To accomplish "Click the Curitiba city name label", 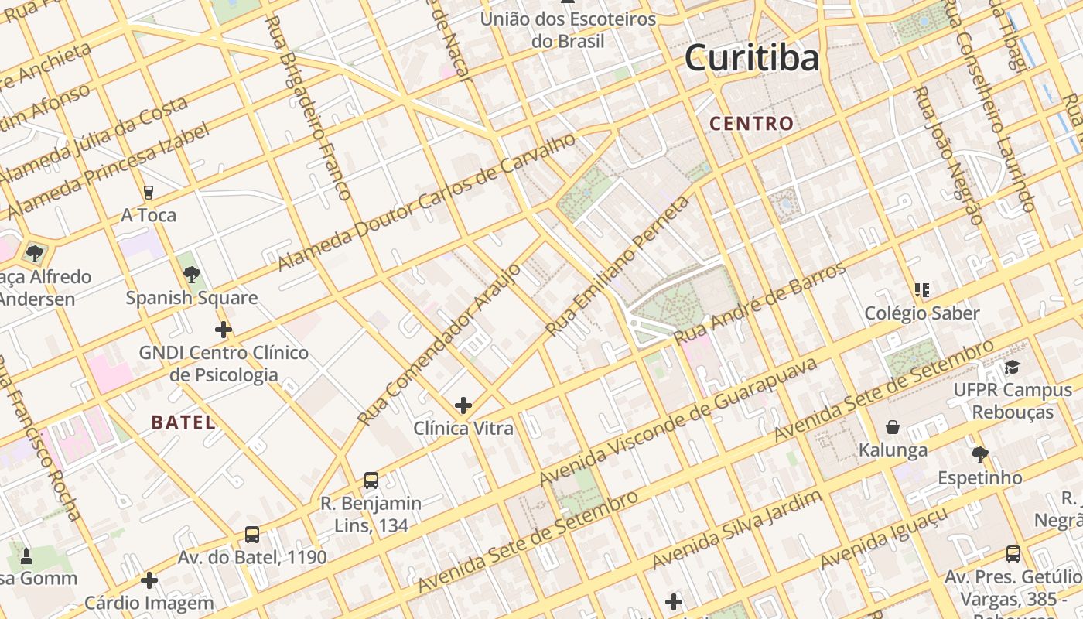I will [x=751, y=59].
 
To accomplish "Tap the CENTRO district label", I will [x=751, y=123].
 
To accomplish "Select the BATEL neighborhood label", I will [x=183, y=422].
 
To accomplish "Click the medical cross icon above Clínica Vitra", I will [x=463, y=405].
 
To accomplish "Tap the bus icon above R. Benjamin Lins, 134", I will [x=371, y=480].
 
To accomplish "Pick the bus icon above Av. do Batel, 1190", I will [x=252, y=535].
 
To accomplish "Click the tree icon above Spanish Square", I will [x=192, y=275].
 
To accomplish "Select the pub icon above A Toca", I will [x=149, y=192].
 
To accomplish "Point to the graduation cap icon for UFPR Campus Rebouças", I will [x=1013, y=367].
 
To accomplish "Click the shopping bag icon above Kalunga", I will [x=893, y=427].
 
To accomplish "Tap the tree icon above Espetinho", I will [x=979, y=454].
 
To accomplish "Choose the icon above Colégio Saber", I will [x=921, y=290].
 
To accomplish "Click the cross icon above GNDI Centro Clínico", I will [x=224, y=330].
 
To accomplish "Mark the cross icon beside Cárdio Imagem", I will [x=149, y=580].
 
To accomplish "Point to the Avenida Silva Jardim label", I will [x=736, y=529].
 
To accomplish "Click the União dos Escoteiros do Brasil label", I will [x=569, y=29].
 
